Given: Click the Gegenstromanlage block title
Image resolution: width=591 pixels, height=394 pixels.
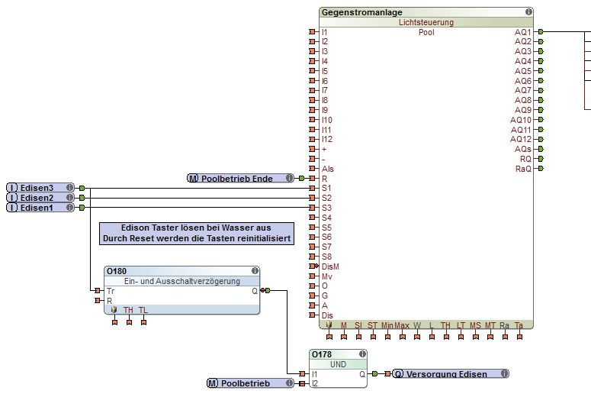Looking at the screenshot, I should [x=362, y=12].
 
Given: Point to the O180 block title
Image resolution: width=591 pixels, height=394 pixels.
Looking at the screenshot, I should [x=117, y=271].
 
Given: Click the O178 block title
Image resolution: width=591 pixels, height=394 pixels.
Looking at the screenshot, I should [x=323, y=355].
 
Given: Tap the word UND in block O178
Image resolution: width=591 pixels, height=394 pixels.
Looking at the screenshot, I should [x=338, y=365].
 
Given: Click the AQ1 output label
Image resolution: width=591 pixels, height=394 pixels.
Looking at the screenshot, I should [x=522, y=32].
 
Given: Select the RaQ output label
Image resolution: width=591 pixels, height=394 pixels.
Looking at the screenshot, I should [x=523, y=169].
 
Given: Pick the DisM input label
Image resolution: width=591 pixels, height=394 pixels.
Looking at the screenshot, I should [x=329, y=266].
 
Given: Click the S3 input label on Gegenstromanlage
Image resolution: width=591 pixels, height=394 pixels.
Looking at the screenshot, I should [x=326, y=208].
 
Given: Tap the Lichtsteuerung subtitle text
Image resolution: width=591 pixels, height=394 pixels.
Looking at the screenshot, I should [x=426, y=23].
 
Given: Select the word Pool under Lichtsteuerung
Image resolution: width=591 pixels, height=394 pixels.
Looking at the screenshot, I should [x=426, y=33].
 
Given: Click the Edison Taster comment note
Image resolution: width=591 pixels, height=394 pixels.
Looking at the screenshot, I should [x=197, y=234].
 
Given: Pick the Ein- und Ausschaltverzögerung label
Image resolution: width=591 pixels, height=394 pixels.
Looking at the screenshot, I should [x=182, y=281].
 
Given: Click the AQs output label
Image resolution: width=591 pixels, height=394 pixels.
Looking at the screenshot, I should [x=523, y=149].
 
